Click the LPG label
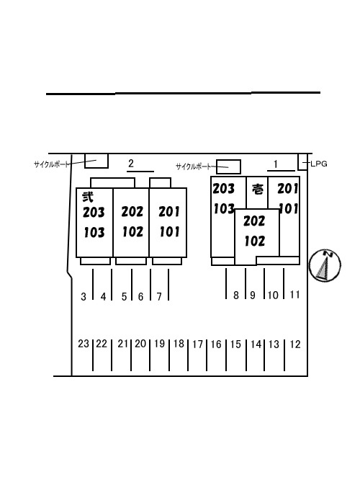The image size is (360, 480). click(319, 164)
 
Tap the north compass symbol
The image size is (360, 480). click(325, 265)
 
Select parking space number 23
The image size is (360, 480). click(84, 344)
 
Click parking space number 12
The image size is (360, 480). click(295, 345)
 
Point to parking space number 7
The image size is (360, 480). click(159, 297)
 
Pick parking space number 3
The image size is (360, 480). click(84, 297)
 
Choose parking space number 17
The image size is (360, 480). click(197, 345)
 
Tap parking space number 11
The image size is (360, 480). click(294, 295)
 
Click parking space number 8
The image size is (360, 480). click(236, 295)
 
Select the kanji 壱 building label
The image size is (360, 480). click(258, 190)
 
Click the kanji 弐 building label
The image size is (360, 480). click(87, 197)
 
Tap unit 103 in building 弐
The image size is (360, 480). click(94, 233)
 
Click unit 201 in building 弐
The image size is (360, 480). click(168, 211)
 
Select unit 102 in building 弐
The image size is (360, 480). click(132, 232)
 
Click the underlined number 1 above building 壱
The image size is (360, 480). click(276, 164)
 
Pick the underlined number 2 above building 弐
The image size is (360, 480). click(131, 164)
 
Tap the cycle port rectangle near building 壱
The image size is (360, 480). click(228, 166)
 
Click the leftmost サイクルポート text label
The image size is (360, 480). click(51, 164)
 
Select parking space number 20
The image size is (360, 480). click(140, 344)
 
